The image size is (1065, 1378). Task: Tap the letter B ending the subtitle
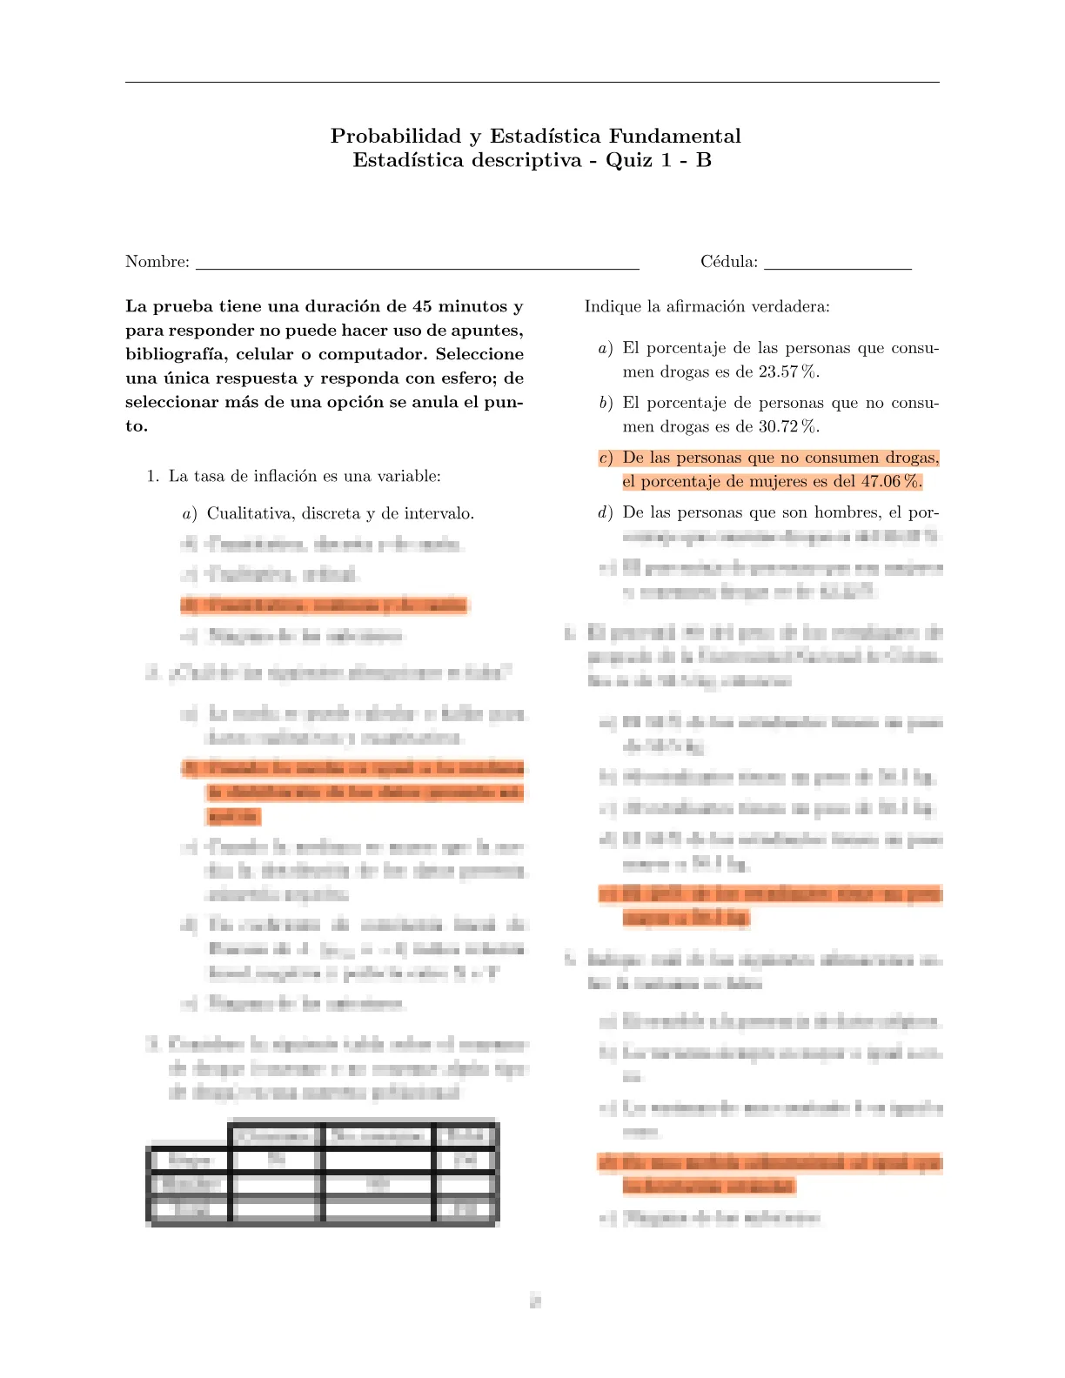point(704,160)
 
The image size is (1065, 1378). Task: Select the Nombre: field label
point(157,262)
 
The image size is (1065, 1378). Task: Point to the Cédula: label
point(729,262)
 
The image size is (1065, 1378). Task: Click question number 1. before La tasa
point(153,476)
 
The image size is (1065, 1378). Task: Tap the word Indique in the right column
point(612,306)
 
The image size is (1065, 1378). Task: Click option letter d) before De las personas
point(606,512)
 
